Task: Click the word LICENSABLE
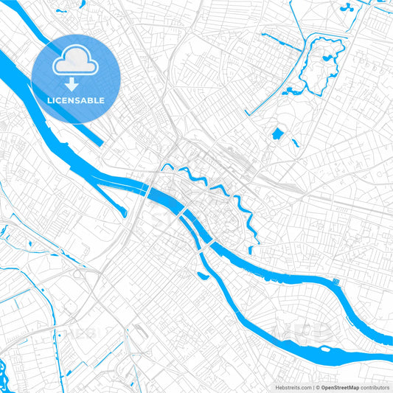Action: click(x=76, y=100)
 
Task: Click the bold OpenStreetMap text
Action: click(x=340, y=387)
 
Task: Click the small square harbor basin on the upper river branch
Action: click(x=335, y=282)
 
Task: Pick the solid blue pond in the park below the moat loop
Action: click(x=277, y=134)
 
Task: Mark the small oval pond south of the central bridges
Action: click(x=202, y=277)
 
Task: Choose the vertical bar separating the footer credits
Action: click(x=313, y=387)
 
